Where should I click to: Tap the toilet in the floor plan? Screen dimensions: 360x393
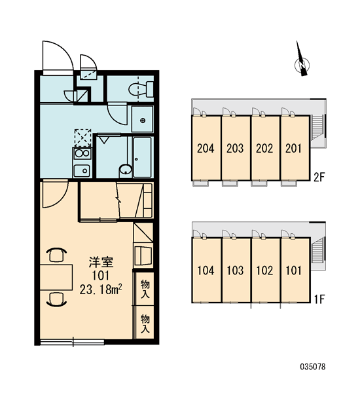tap(141, 90)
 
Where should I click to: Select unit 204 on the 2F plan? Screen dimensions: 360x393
tap(206, 148)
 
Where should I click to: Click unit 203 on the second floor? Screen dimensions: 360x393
tap(236, 148)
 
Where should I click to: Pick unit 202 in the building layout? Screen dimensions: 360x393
tap(265, 148)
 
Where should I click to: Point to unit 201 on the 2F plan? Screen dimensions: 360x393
tap(295, 148)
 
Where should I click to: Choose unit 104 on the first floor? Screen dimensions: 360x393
tap(206, 270)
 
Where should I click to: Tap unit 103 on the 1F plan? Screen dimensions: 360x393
tap(236, 270)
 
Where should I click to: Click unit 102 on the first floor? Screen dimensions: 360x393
tap(265, 270)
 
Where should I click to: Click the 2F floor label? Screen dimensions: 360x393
tap(319, 178)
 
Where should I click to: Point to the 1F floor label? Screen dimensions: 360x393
tap(319, 299)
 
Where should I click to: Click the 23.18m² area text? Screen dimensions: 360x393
tap(101, 290)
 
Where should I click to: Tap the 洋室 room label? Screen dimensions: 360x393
tap(101, 262)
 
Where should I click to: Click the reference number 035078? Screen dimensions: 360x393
tap(313, 367)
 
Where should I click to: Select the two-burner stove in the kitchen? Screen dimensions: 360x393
tap(82, 153)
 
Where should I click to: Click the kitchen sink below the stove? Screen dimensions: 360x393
tap(82, 171)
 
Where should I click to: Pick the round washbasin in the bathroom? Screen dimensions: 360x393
tap(126, 170)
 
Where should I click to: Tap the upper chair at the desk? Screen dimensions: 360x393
tap(56, 254)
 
